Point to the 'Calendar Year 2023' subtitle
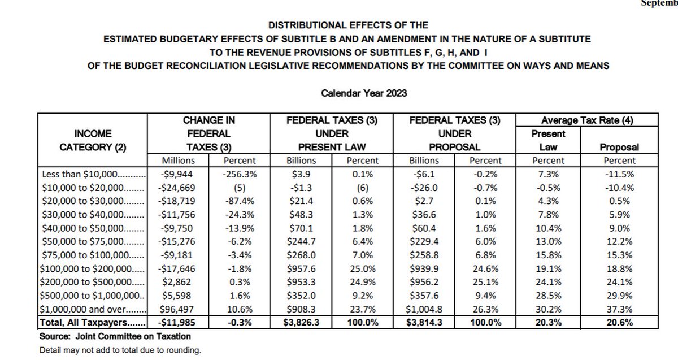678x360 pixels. tap(364, 93)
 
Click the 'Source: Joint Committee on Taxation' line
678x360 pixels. tap(115, 337)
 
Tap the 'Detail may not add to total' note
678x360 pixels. tap(120, 350)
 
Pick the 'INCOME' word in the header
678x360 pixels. tap(93, 134)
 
